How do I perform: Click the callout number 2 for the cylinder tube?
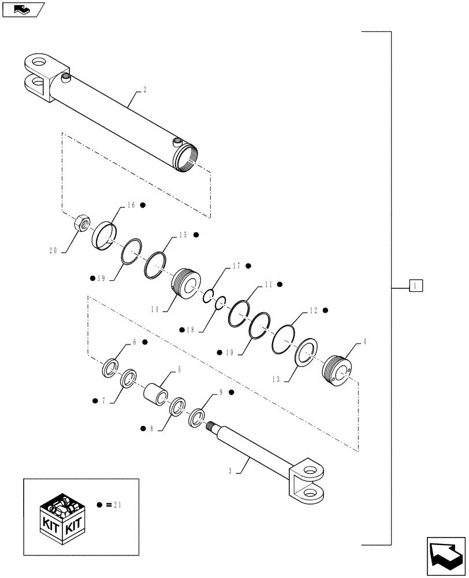coord(144,90)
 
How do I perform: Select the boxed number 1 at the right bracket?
coord(416,285)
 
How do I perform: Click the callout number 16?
coord(131,205)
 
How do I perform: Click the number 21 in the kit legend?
coord(118,505)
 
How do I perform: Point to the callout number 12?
coord(314,310)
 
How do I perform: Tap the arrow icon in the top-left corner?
coord(23,9)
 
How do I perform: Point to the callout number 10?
coord(230,351)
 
